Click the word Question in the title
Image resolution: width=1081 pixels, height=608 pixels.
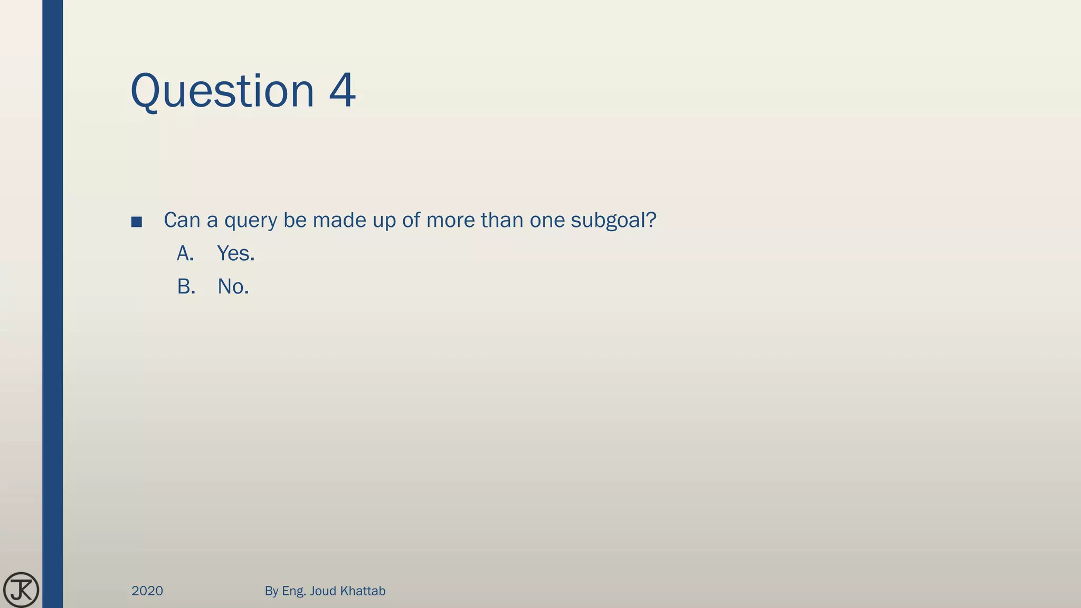(x=222, y=91)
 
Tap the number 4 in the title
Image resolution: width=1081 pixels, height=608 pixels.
(x=342, y=91)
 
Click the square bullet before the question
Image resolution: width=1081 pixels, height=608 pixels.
(x=137, y=222)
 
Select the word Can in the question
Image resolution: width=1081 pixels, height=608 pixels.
(x=182, y=220)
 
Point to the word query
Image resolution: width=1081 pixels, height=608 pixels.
(x=251, y=221)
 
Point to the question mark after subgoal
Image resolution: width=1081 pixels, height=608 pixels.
(x=651, y=220)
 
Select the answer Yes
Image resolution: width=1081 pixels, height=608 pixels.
(x=235, y=254)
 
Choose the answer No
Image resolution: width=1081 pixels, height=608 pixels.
(x=233, y=287)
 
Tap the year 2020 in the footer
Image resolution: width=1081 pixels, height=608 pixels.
(x=147, y=591)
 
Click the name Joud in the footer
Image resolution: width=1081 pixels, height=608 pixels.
(x=323, y=591)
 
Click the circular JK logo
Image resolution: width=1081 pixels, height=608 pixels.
(x=21, y=590)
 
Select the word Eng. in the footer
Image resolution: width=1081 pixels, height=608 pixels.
(x=294, y=591)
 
